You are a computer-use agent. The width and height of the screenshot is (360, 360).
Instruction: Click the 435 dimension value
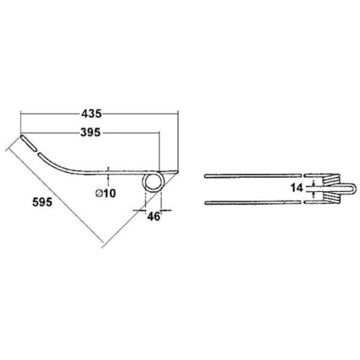[92, 114]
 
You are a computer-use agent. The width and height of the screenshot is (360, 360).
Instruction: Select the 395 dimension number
[91, 132]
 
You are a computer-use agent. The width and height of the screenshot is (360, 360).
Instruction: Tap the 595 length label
[42, 202]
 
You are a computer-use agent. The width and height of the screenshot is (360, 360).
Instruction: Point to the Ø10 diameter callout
[106, 194]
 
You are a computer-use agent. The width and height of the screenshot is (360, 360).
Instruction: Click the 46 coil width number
[154, 217]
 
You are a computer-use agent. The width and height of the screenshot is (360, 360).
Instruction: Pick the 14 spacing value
[296, 188]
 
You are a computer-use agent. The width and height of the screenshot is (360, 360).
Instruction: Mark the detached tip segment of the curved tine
[29, 143]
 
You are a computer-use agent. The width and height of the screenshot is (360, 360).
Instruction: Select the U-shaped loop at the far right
[348, 188]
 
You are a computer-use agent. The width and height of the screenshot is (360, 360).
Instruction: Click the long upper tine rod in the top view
[252, 175]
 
